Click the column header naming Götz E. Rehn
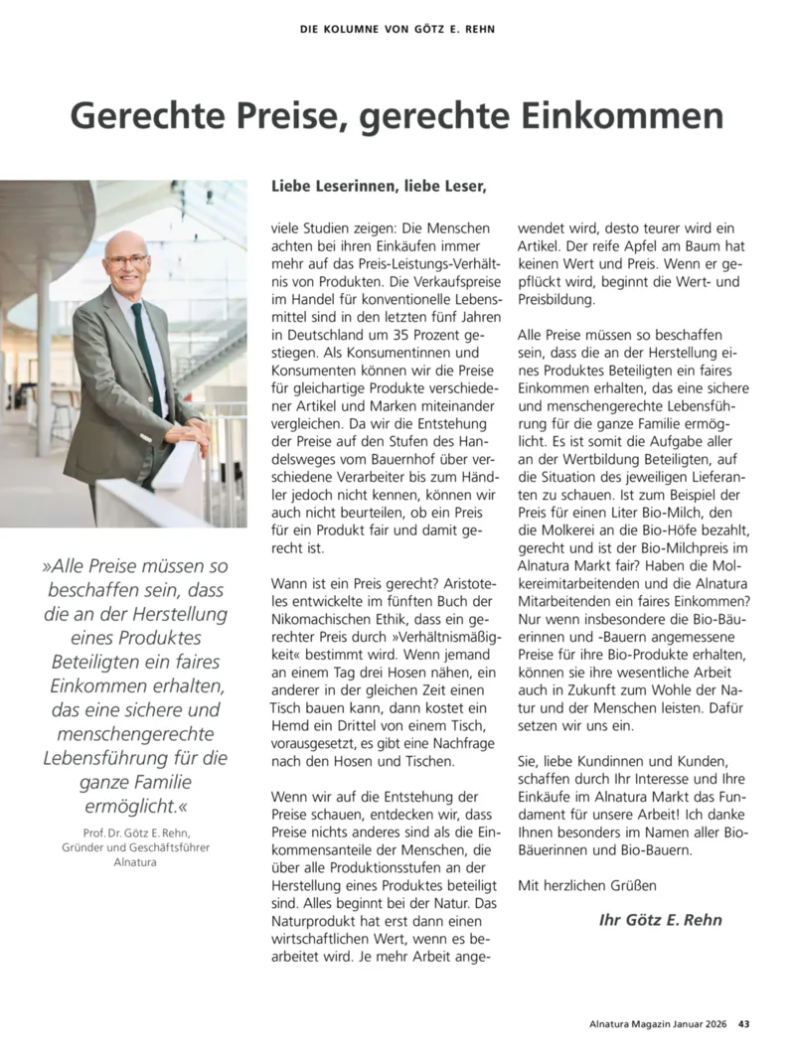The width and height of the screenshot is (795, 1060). [397, 29]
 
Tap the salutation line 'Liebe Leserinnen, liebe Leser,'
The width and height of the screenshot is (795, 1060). [379, 185]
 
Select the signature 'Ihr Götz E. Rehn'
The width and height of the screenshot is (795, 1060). [660, 920]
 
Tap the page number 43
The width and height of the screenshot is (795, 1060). [743, 1025]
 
